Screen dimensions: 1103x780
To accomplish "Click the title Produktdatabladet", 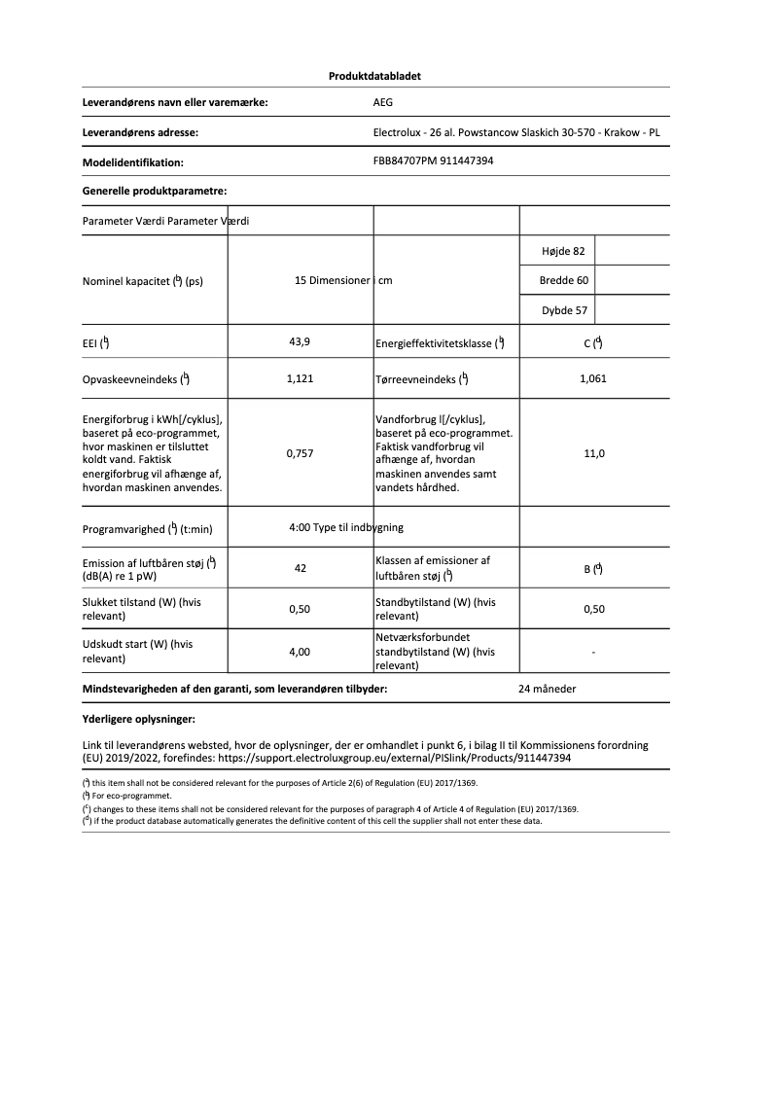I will click(374, 76).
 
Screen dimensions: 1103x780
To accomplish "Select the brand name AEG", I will click(383, 102).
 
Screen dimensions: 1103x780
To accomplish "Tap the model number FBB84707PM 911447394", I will click(433, 161).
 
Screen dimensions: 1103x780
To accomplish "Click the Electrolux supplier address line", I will click(516, 132).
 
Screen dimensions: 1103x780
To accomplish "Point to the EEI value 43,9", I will click(300, 341).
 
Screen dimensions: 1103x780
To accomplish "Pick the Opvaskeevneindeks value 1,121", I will click(300, 378).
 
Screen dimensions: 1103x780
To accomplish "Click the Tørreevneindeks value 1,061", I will click(592, 378).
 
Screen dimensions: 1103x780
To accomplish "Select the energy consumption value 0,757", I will click(300, 453).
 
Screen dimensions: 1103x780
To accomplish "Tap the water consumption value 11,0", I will click(593, 453).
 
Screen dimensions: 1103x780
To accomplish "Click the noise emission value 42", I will click(301, 568).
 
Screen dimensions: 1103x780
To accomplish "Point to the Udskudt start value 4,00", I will click(300, 652).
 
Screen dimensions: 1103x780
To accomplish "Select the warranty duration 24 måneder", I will click(548, 689).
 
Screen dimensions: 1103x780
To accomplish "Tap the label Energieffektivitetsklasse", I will click(434, 343).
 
